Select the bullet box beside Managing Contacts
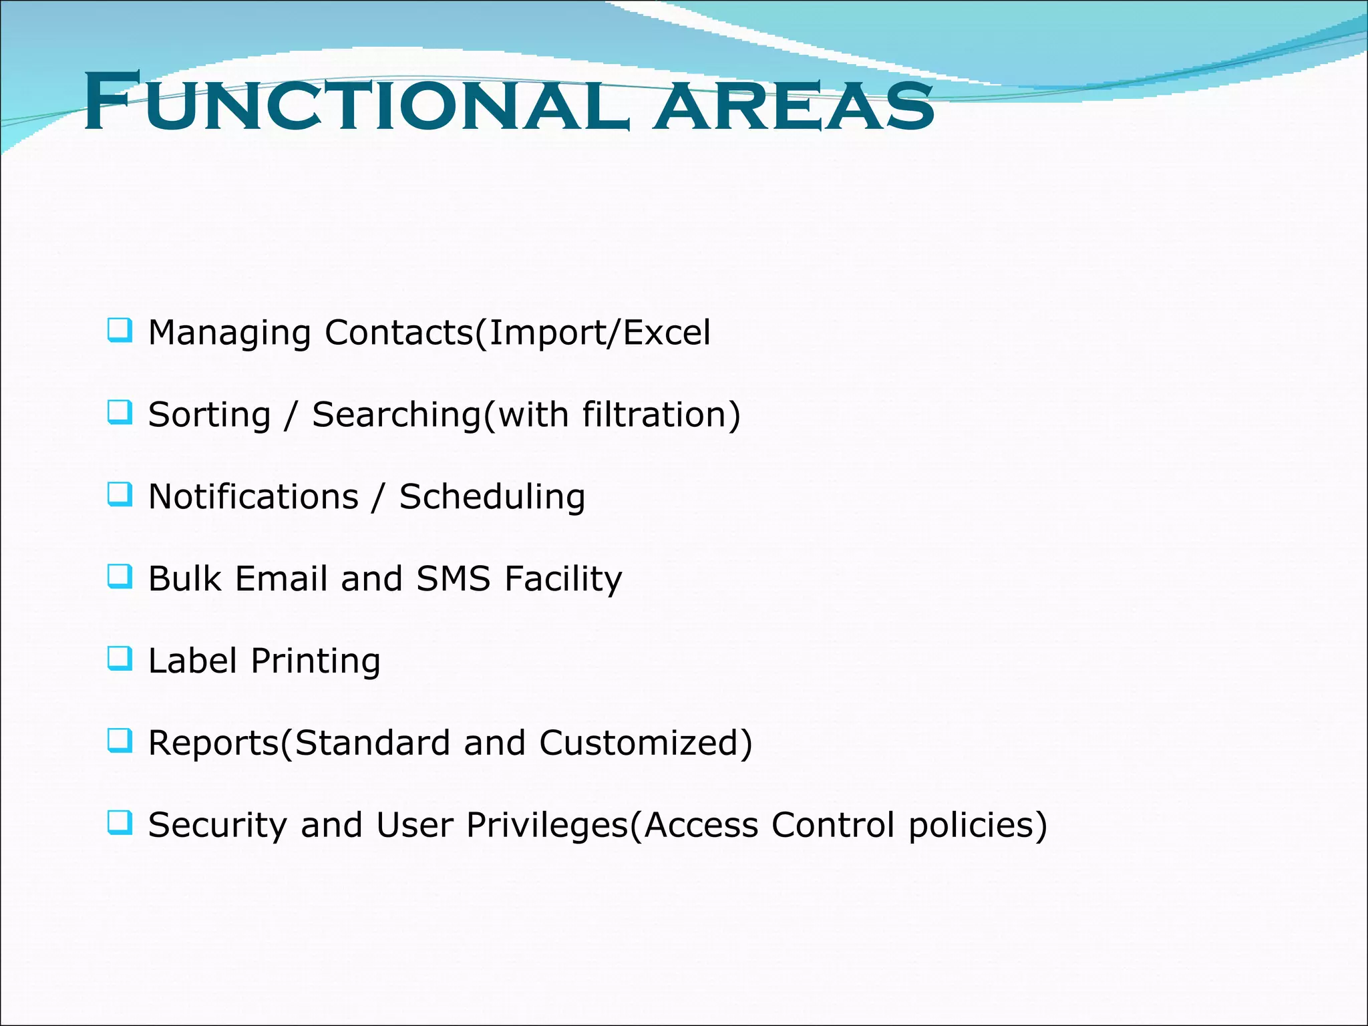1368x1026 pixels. point(120,331)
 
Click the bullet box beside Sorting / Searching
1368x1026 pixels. point(120,412)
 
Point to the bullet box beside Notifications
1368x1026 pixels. point(120,494)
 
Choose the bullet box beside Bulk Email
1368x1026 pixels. point(120,576)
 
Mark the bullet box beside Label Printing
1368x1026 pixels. point(120,659)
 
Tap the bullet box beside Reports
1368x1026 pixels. point(120,741)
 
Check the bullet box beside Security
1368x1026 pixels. point(120,823)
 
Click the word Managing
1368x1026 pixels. point(229,333)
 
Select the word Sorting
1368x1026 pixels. point(209,415)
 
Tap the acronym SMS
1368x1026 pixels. point(454,578)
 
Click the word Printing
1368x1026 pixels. point(315,661)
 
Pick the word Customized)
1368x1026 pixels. point(646,743)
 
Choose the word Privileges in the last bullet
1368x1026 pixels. point(547,826)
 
